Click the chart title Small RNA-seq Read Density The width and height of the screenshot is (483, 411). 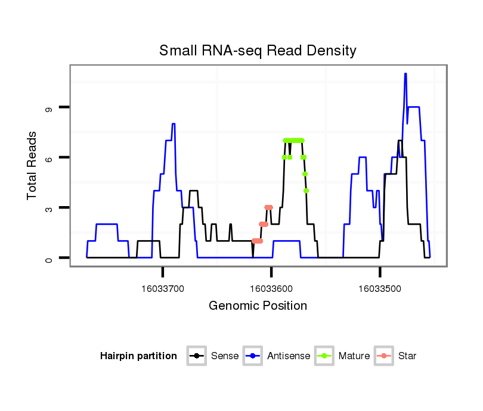pos(258,51)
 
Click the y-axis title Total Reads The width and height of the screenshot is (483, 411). pos(33,166)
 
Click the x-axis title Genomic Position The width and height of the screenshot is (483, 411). pos(258,306)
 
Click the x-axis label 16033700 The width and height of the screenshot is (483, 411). pos(163,289)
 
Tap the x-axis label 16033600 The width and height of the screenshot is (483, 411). pos(271,289)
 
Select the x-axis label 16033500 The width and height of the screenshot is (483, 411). pos(380,289)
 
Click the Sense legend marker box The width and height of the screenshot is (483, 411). pos(196,356)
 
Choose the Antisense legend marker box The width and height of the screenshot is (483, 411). pos(252,356)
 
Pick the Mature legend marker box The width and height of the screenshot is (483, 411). pos(324,356)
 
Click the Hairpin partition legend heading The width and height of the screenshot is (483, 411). pos(138,356)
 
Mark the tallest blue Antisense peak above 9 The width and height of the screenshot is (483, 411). pos(405,74)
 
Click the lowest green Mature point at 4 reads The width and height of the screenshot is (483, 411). pos(306,191)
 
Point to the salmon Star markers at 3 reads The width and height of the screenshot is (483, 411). pos(268,207)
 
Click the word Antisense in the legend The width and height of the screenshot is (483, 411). pos(289,356)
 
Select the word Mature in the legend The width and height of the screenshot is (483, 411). pos(354,356)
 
